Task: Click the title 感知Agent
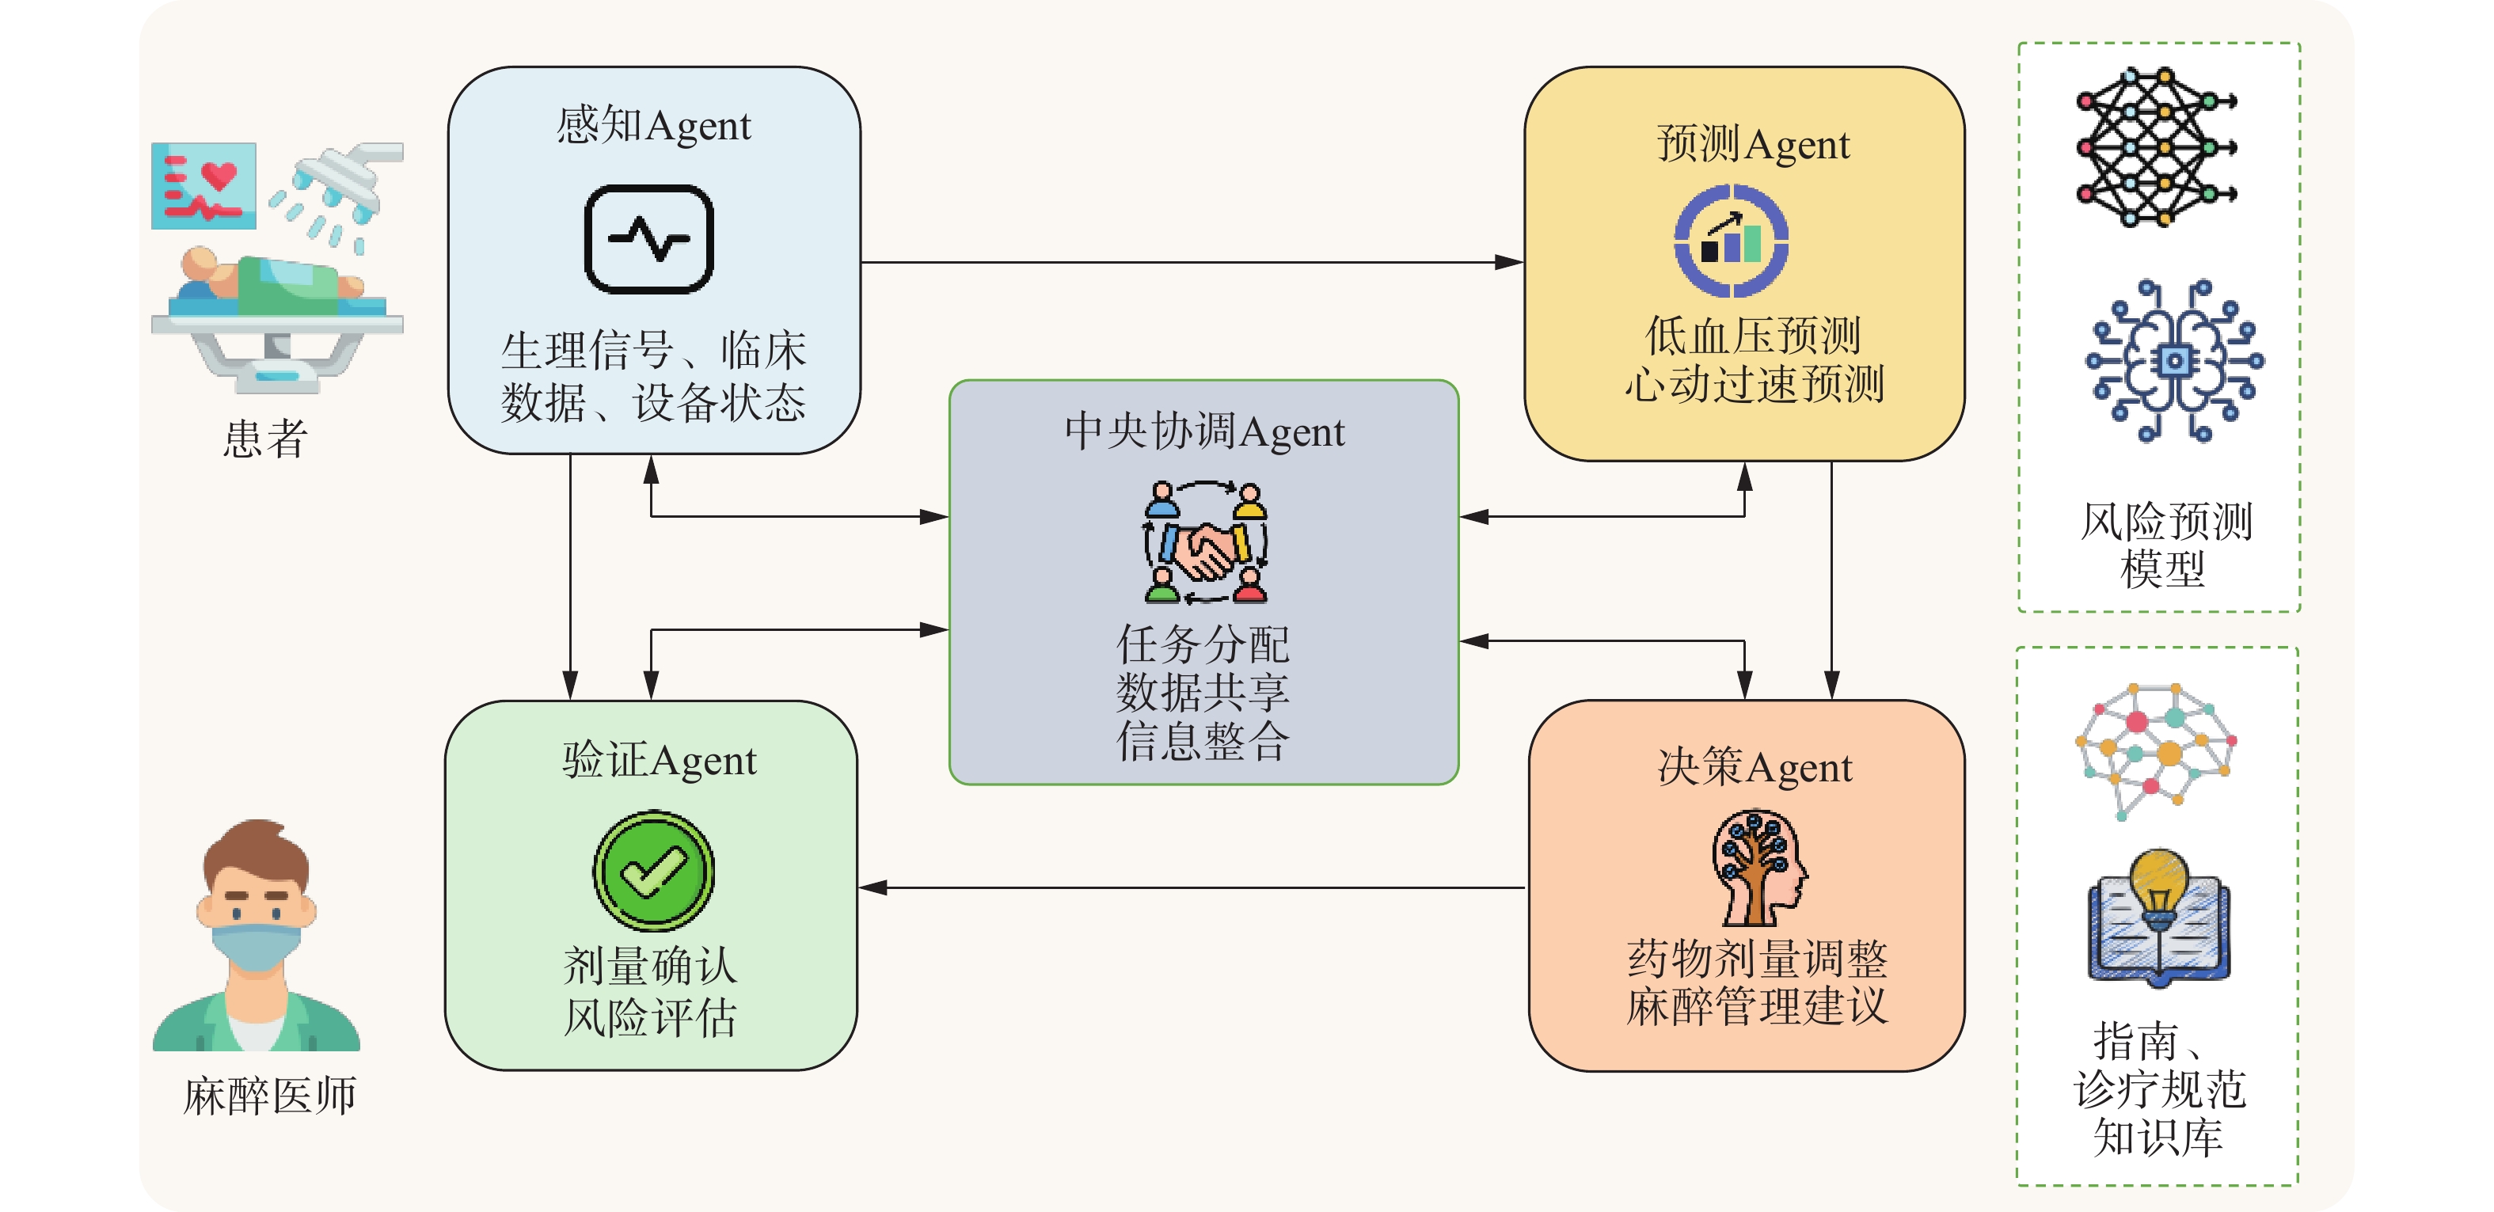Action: pos(653,126)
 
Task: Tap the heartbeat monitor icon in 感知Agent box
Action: pos(648,239)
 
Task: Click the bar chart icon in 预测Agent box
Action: pos(1731,241)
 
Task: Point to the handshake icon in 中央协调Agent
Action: pos(1205,543)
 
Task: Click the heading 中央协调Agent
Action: pos(1204,431)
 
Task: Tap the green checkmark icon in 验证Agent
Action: pos(653,870)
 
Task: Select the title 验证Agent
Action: pos(659,761)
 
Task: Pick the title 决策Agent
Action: pos(1755,768)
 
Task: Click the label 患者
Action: pos(264,439)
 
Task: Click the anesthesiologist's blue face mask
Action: pos(256,947)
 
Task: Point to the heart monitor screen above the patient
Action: pos(203,186)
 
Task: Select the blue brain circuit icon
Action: pos(2174,361)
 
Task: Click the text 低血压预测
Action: pos(1752,336)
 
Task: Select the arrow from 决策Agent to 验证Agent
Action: pos(1191,887)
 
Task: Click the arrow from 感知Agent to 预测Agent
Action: pos(1191,261)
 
